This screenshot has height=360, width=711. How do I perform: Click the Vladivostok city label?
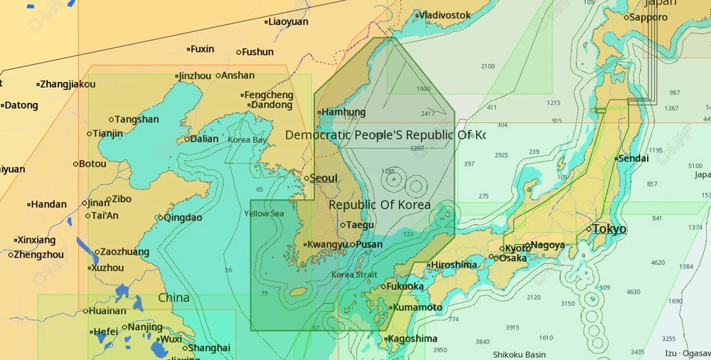click(444, 15)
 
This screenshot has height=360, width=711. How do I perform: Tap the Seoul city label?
click(324, 178)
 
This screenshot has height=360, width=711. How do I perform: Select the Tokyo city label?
click(609, 229)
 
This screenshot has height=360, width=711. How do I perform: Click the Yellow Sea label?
click(264, 213)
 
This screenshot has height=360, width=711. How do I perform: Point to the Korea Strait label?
click(354, 275)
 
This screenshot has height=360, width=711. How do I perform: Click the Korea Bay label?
click(247, 140)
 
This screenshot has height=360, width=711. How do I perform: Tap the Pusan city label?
click(369, 245)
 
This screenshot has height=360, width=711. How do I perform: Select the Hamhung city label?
click(343, 112)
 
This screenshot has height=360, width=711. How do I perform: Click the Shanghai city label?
click(209, 348)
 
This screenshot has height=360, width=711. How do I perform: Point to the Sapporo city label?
click(648, 17)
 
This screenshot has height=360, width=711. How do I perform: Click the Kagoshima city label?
click(413, 339)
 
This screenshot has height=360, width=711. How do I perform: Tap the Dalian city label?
click(204, 139)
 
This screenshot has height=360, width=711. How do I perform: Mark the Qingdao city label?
click(183, 218)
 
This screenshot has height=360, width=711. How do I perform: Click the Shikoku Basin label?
click(519, 354)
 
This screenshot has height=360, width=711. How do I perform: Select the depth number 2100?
click(488, 66)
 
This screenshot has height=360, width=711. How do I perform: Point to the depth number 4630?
click(633, 292)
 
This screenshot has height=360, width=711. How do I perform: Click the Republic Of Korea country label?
click(379, 205)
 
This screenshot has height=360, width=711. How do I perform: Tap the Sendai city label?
click(633, 159)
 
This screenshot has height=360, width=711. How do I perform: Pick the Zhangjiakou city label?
click(68, 84)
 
